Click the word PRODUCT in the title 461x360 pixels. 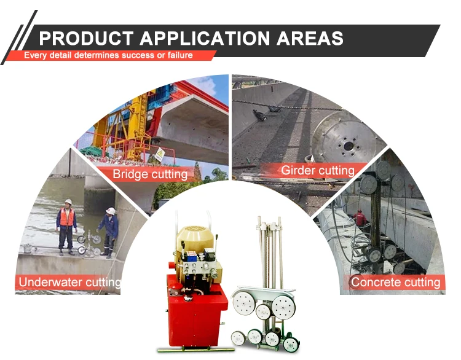pyautogui.click(x=86, y=38)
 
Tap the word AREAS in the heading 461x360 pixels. pyautogui.click(x=310, y=38)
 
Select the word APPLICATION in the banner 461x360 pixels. pyautogui.click(x=205, y=38)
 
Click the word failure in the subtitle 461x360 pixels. pyautogui.click(x=180, y=55)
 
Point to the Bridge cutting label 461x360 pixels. pyautogui.click(x=150, y=174)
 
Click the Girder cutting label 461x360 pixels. pyautogui.click(x=318, y=170)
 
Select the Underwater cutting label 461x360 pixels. pyautogui.click(x=69, y=282)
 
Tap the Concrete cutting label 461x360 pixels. pyautogui.click(x=395, y=282)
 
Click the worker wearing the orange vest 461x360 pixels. pyautogui.click(x=66, y=227)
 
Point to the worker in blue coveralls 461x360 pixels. pyautogui.click(x=108, y=232)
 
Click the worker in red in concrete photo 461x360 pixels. pyautogui.click(x=360, y=218)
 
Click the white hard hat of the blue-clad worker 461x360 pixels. pyautogui.click(x=111, y=211)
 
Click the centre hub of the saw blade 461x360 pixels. pyautogui.click(x=349, y=146)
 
